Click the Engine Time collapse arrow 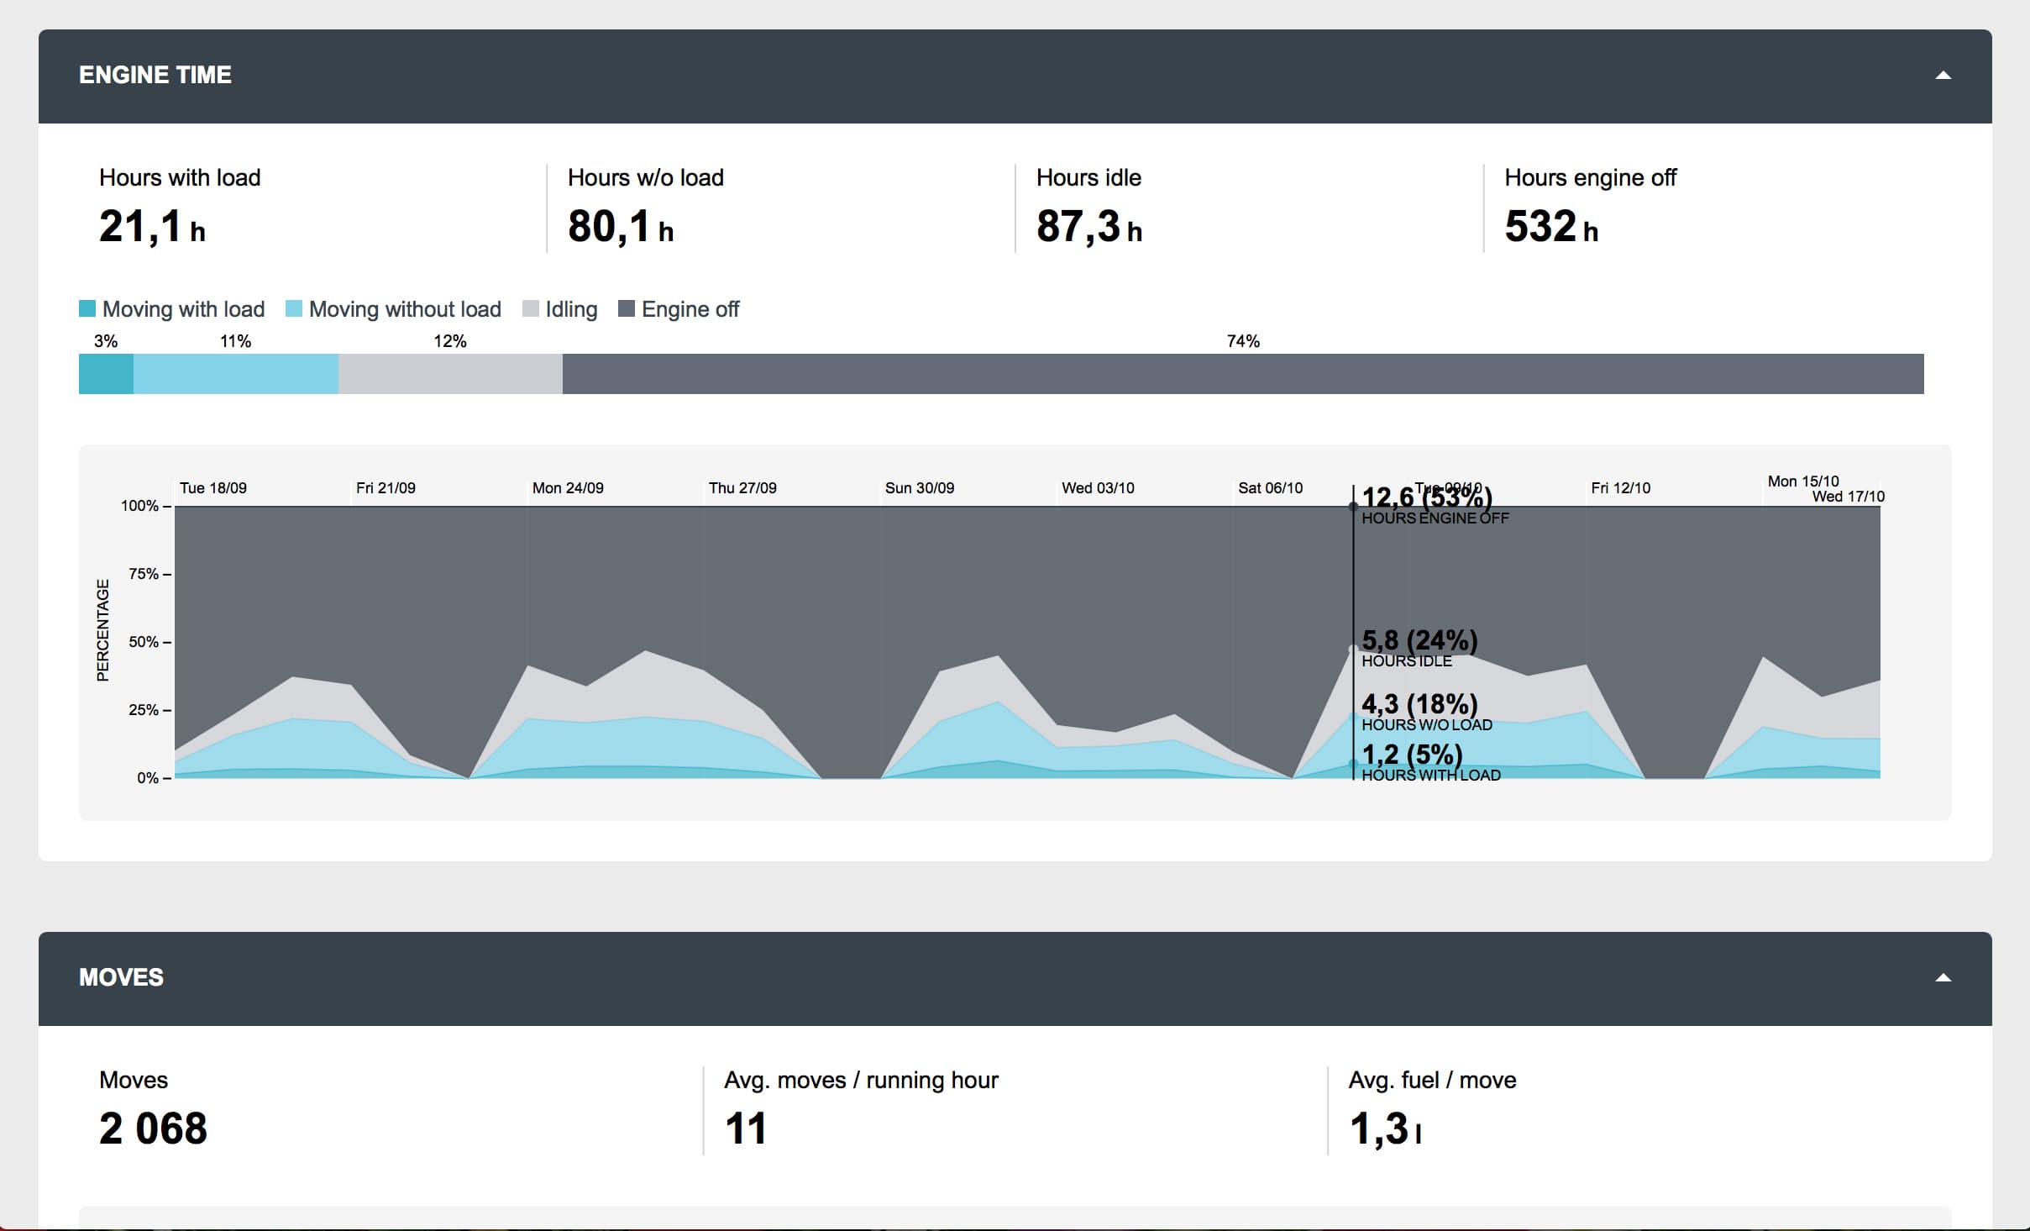coord(1943,76)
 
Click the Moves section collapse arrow coord(1943,977)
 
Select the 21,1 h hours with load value coord(152,227)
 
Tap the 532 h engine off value coord(1550,227)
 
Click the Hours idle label coord(1088,178)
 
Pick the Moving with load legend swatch coord(87,308)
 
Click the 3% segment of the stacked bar coord(106,374)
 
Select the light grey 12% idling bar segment coord(450,374)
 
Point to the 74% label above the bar coord(1243,341)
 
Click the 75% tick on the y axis coord(144,574)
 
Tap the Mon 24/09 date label coord(568,488)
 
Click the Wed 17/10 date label coord(1848,497)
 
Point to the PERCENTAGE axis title coord(102,630)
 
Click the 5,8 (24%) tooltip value coord(1419,640)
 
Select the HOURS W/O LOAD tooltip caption coord(1427,725)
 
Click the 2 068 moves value coord(153,1128)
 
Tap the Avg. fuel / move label coord(1432,1081)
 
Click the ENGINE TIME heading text coord(155,75)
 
